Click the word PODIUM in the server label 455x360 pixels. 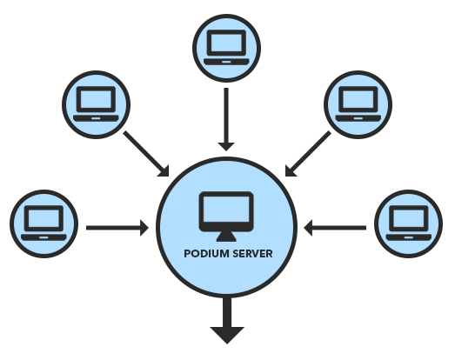tap(206, 254)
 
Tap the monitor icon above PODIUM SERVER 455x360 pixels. tap(226, 217)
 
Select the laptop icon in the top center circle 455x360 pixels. tap(226, 47)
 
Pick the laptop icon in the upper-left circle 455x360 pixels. tap(96, 103)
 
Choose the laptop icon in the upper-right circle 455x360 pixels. tap(358, 103)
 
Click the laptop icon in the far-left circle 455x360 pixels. tap(43, 223)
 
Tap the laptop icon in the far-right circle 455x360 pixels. tap(409, 223)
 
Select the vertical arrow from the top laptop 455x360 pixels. tap(226, 119)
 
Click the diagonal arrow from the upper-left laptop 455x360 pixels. tap(146, 154)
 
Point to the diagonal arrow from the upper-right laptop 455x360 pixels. tap(308, 154)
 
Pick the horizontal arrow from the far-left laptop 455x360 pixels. tap(117, 228)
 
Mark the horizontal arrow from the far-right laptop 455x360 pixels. tap(335, 228)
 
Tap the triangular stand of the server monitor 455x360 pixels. tap(226, 237)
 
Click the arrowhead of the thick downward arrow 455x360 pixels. tap(227, 336)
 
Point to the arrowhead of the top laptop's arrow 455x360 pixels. tap(226, 147)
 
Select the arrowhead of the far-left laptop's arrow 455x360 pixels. tap(144, 228)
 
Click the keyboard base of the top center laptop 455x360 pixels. tap(226, 62)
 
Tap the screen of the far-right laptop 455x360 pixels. tap(409, 218)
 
